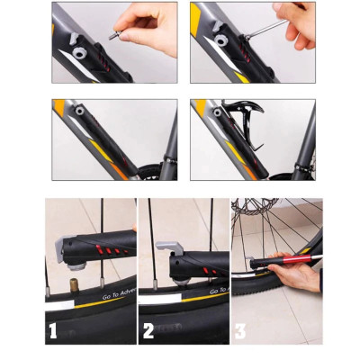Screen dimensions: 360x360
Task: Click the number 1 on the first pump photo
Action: tap(53, 331)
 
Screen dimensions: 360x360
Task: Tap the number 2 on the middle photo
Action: tap(148, 331)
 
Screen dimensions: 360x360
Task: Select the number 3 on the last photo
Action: tap(239, 331)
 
